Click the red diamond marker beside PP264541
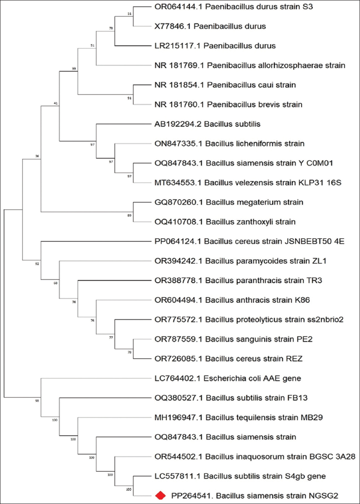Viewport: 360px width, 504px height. pyautogui.click(x=160, y=495)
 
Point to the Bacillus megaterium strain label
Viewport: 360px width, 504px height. pyautogui.click(x=229, y=202)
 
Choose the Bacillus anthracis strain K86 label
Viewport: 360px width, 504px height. pyautogui.click(x=232, y=300)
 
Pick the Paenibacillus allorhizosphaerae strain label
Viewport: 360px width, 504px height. pyautogui.click(x=250, y=65)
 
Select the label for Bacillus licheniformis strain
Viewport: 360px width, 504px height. pyautogui.click(x=229, y=144)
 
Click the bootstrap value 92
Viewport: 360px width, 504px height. pyautogui.click(x=37, y=264)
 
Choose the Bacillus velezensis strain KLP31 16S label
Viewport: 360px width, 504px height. pyautogui.click(x=248, y=183)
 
